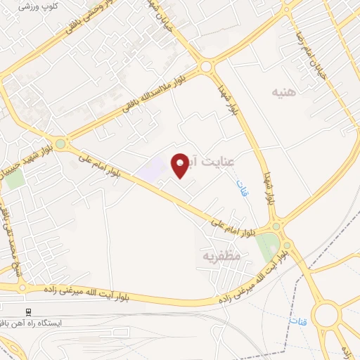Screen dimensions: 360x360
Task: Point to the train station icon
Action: pyautogui.click(x=28, y=311)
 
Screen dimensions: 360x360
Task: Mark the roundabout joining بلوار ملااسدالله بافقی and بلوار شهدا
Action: pyautogui.click(x=206, y=67)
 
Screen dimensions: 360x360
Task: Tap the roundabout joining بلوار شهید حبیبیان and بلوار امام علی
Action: pyautogui.click(x=60, y=144)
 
